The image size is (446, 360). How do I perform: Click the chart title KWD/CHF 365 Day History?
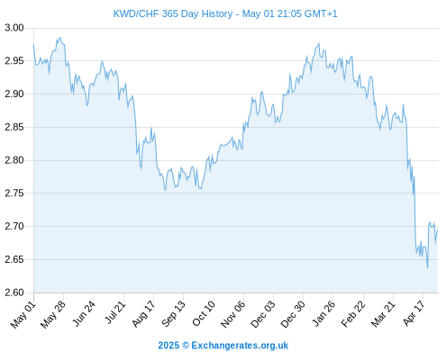173,13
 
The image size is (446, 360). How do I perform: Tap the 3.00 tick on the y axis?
14,28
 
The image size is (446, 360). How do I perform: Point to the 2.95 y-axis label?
14,61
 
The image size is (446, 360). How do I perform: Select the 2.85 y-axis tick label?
14,127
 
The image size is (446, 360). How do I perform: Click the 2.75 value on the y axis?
14,193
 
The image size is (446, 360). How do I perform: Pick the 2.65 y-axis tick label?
14,259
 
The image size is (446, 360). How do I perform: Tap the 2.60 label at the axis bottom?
14,292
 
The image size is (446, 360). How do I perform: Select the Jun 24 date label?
84,313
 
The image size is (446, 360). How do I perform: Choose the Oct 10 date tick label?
204,313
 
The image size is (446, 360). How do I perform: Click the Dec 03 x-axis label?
263,314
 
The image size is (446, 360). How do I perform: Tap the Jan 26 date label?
323,313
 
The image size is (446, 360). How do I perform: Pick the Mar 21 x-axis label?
383,314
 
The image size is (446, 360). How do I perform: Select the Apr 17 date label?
414,313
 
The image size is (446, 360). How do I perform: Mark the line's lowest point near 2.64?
427,267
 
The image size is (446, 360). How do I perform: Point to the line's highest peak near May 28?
60,38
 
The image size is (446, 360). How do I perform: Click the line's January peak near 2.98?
319,43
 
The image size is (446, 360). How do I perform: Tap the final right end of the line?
438,229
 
